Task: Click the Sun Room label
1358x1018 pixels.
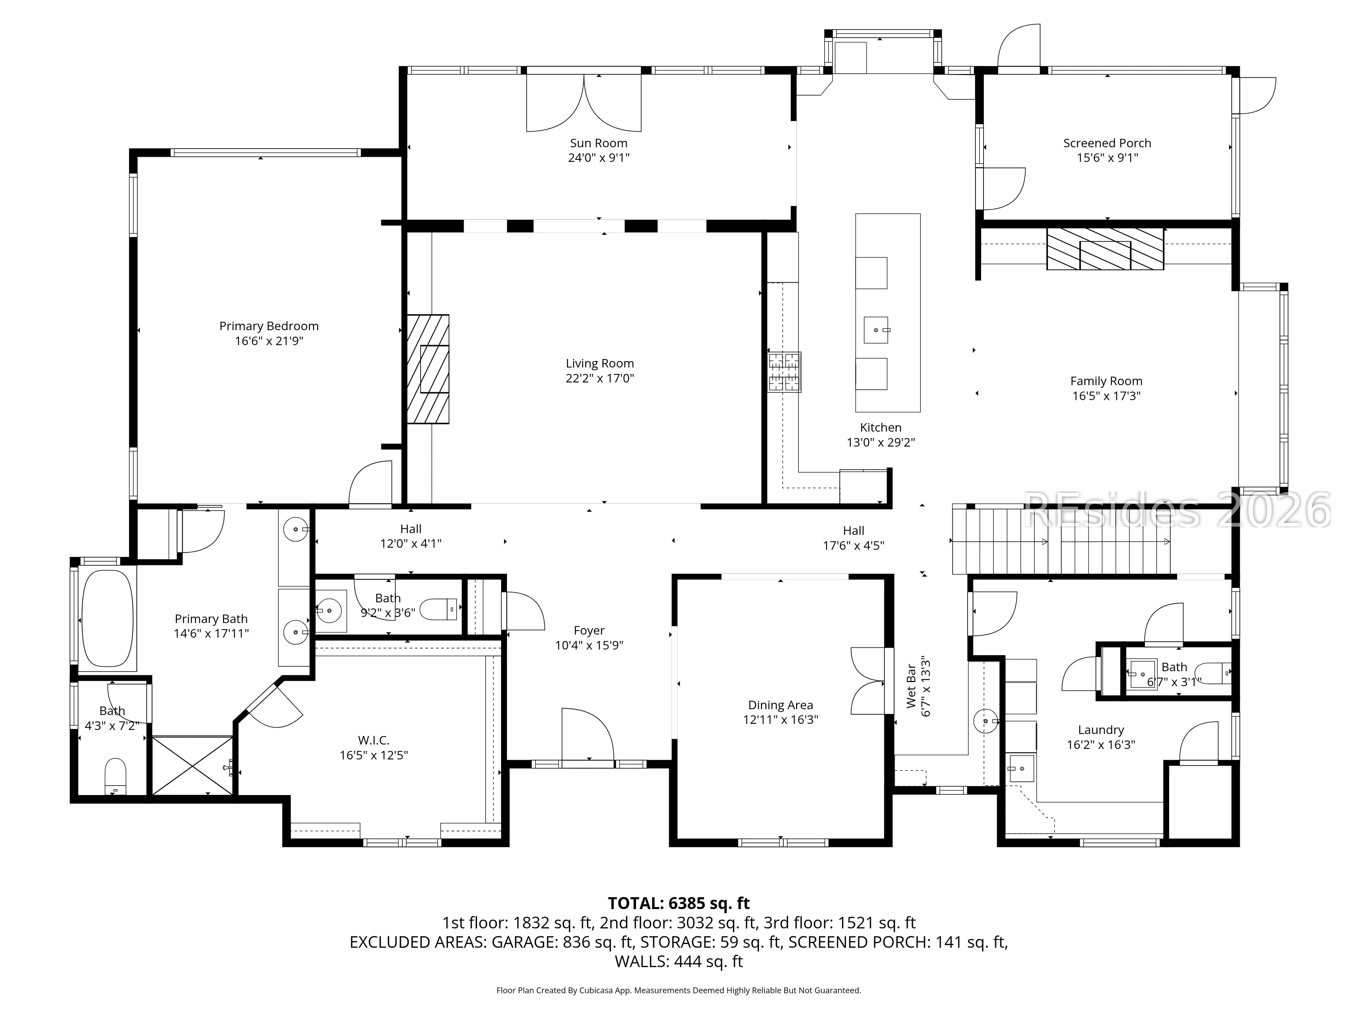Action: click(599, 143)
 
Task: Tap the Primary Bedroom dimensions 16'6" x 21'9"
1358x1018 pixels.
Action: click(269, 341)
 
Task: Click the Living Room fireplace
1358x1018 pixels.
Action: click(428, 369)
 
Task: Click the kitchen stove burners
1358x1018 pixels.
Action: click(785, 372)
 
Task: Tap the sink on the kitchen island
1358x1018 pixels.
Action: click(876, 330)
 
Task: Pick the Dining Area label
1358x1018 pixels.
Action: click(780, 705)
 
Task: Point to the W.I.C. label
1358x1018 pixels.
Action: click(374, 740)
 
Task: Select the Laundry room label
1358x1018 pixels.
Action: click(1101, 730)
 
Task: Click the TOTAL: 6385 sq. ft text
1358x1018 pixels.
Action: click(678, 903)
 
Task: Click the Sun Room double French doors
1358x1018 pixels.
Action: click(584, 102)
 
